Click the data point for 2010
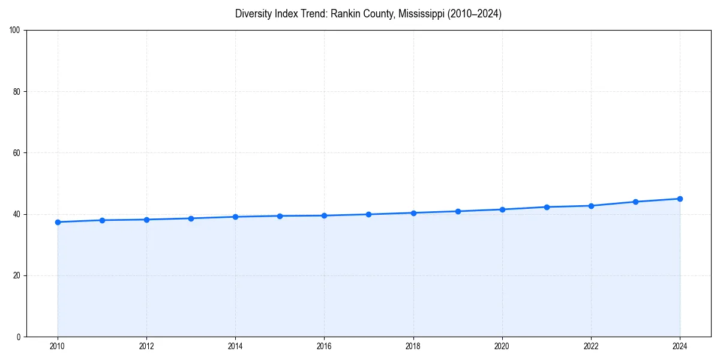pos(58,222)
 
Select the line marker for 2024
pos(680,199)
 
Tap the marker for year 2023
pos(635,202)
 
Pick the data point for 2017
pos(368,214)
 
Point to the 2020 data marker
pos(502,209)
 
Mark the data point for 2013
pos(191,218)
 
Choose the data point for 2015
pos(280,216)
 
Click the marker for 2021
pos(547,207)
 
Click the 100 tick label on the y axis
pos(15,31)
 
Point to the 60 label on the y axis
pos(17,153)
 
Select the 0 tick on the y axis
pos(19,337)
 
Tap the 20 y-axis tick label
pos(17,275)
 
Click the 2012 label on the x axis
pos(146,346)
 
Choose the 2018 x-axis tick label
pos(413,346)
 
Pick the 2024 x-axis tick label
pos(680,346)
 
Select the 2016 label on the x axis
pos(324,346)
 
